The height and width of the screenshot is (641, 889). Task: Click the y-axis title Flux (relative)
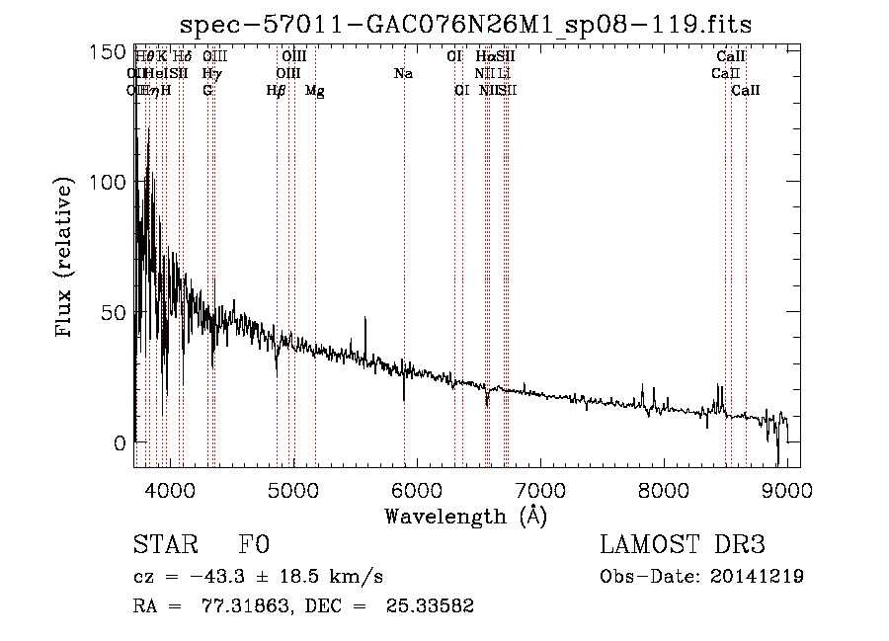tap(65, 259)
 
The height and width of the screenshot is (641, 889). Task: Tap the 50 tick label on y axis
tap(118, 312)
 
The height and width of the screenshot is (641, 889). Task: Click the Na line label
tap(403, 74)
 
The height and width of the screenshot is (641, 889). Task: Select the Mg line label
tap(315, 91)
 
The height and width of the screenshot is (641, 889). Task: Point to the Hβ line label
tap(276, 91)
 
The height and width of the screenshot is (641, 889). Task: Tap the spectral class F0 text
tap(254, 545)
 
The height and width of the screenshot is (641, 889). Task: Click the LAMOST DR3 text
tap(683, 545)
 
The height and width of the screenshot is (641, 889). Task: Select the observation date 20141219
tap(762, 577)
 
